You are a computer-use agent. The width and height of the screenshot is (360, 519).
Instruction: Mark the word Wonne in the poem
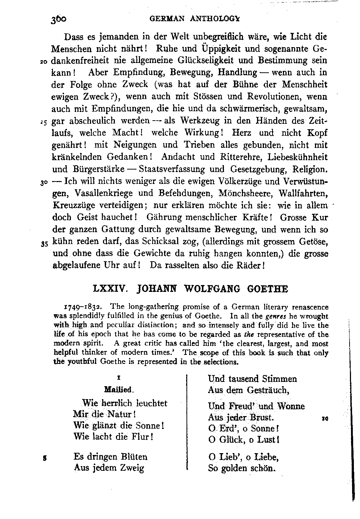tap(291, 406)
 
